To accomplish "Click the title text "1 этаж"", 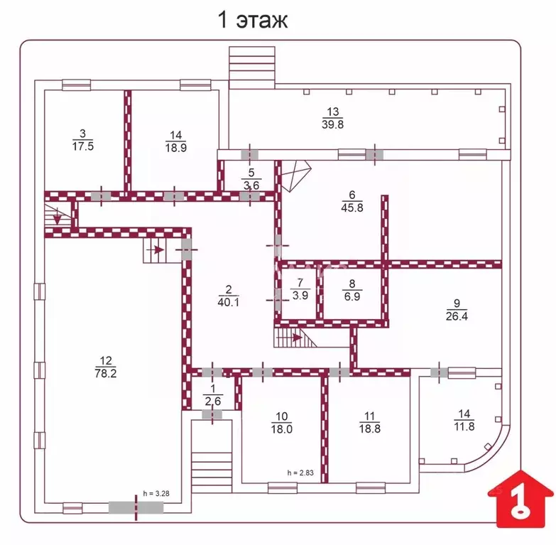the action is [x=253, y=19].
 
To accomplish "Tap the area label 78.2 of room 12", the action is [x=106, y=373].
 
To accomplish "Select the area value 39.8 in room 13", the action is [x=332, y=124].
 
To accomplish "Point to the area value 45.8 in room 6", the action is [x=352, y=207].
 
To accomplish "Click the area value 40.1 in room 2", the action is [x=229, y=302].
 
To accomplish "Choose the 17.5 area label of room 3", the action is [x=83, y=146].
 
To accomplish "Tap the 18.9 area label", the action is [x=176, y=147].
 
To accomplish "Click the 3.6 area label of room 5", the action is [x=251, y=185].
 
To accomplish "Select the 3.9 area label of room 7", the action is [x=300, y=295].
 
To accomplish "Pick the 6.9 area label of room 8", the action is [x=352, y=296].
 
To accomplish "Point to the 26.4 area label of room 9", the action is [x=457, y=315].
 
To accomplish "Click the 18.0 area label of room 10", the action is [x=281, y=429].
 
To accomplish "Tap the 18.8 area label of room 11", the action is [x=370, y=428].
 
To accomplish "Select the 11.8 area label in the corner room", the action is [x=464, y=426].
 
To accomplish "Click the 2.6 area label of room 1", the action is [x=213, y=401].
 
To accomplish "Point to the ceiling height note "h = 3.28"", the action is [x=156, y=494].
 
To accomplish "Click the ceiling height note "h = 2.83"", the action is [x=300, y=473].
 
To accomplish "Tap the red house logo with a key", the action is [x=520, y=499].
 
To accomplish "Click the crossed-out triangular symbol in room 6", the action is [x=295, y=176].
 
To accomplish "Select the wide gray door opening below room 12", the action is [x=136, y=507].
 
